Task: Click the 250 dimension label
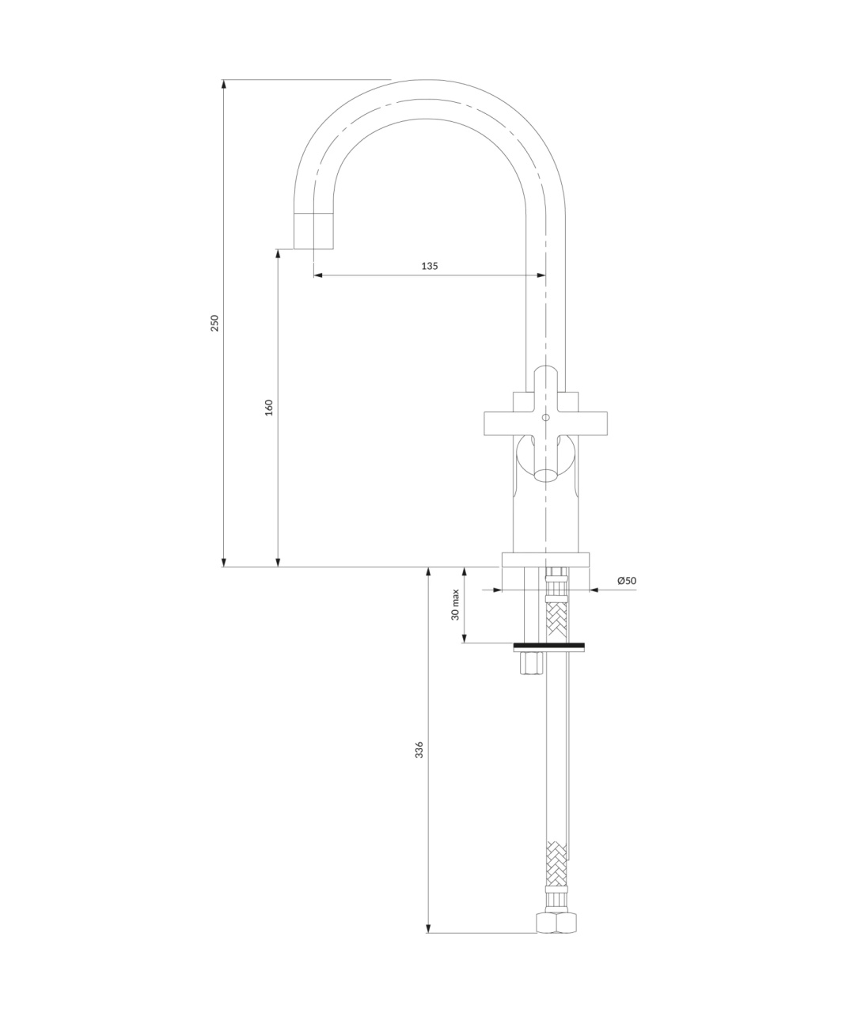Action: pos(214,323)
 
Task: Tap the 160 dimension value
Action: pos(269,408)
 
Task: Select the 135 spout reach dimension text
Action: pos(429,266)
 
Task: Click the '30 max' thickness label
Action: pos(455,605)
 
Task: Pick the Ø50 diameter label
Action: pos(627,580)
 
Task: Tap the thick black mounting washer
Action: pos(549,646)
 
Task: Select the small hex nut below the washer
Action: pos(532,663)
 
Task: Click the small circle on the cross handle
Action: pos(546,417)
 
